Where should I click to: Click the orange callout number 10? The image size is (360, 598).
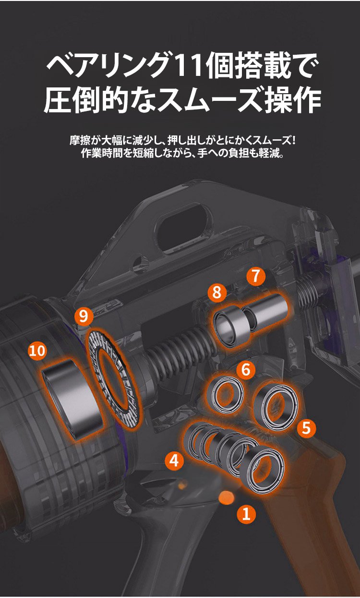coord(37,351)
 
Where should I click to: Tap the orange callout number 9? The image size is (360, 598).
coord(84,316)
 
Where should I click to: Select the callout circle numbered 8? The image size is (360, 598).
coord(217,293)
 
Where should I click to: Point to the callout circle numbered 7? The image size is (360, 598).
coord(255,276)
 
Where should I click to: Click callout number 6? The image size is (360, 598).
coord(246,370)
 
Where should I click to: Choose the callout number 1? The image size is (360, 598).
coord(246,514)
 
